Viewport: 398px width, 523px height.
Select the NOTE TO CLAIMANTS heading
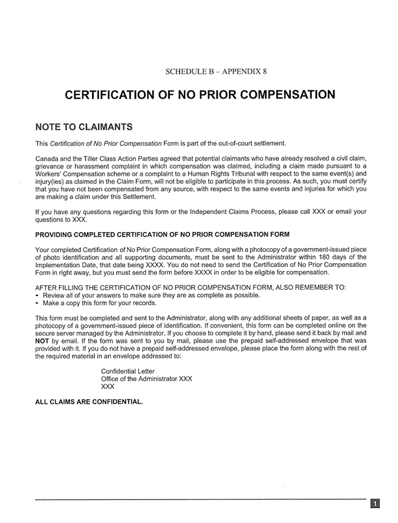84,126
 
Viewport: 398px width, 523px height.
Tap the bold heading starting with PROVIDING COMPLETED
162,233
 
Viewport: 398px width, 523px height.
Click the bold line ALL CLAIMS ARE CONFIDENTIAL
88,402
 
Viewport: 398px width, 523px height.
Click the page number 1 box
375,504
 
